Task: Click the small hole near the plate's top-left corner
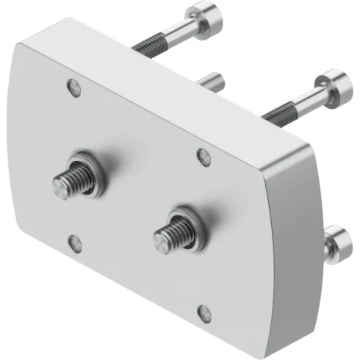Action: point(73,87)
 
